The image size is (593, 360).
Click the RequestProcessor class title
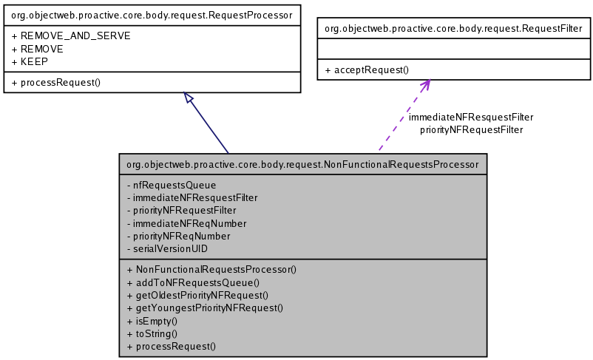click(152, 14)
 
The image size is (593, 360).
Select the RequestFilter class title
click(454, 29)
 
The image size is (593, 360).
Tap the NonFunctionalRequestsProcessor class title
click(302, 164)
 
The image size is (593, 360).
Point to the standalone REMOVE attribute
click(38, 49)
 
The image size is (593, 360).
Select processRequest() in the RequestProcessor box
click(56, 82)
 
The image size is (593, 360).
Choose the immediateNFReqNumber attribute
click(187, 223)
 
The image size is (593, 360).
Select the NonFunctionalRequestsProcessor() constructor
click(211, 270)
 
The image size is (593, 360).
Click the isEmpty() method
click(153, 321)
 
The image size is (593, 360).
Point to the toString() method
click(153, 333)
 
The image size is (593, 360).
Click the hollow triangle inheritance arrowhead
click(189, 98)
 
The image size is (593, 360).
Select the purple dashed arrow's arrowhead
click(425, 84)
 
